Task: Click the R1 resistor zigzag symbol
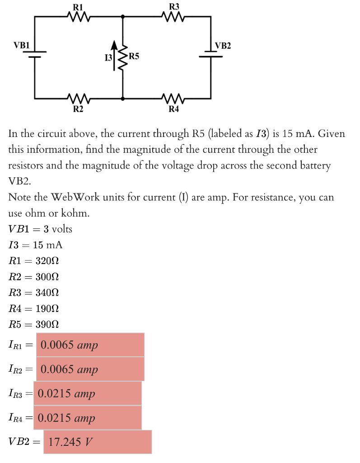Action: pos(79,17)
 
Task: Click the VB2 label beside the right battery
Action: pos(223,45)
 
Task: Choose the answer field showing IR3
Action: pos(88,393)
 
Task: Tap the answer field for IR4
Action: pos(88,418)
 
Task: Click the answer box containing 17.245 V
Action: pos(98,442)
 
